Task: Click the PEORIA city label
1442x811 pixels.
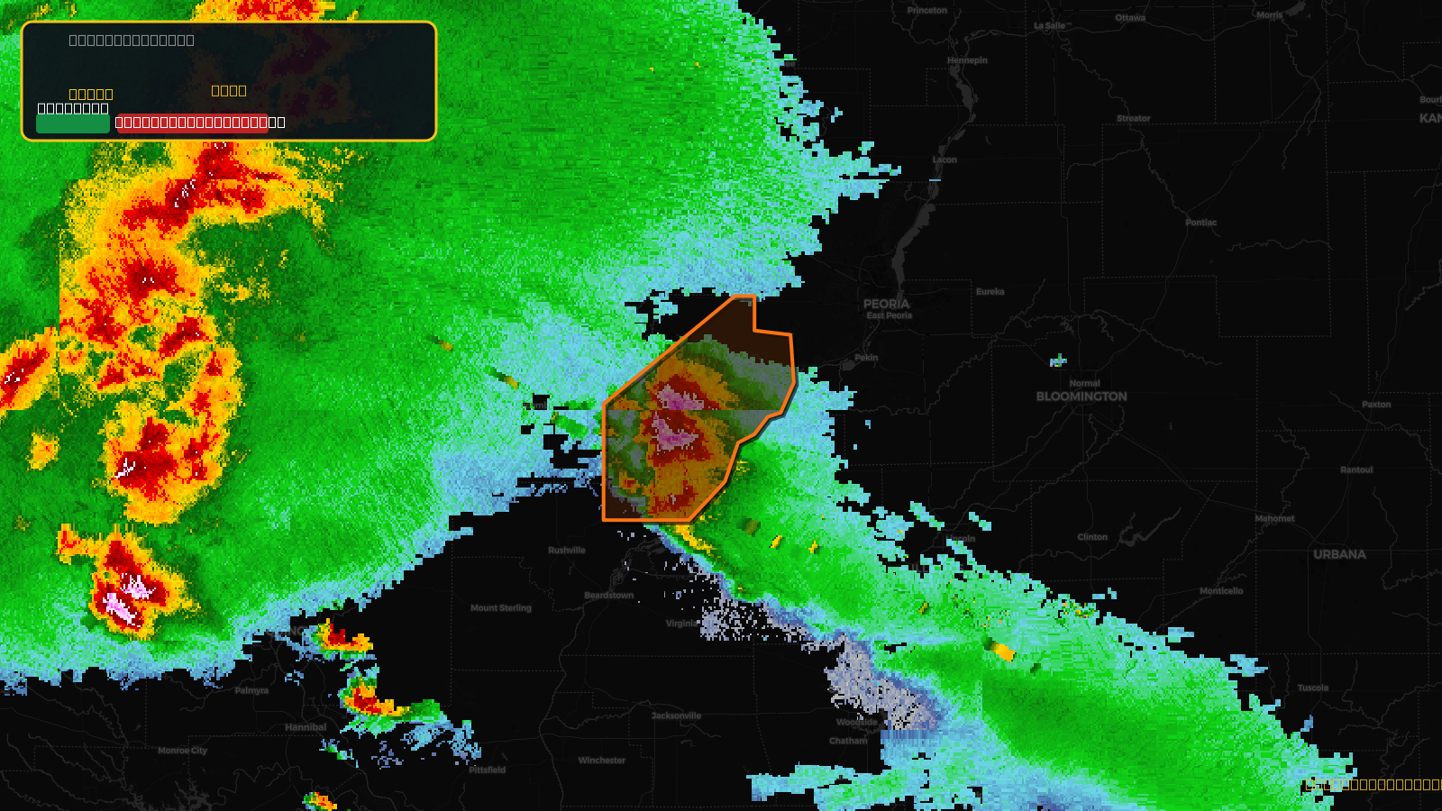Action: pyautogui.click(x=887, y=305)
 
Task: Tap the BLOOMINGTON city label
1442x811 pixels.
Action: pyautogui.click(x=1081, y=396)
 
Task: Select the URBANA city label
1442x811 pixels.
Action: pyautogui.click(x=1339, y=554)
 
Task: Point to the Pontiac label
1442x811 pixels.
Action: pyautogui.click(x=1200, y=223)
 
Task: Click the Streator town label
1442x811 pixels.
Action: pyautogui.click(x=1133, y=119)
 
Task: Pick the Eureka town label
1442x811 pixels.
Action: pyautogui.click(x=990, y=292)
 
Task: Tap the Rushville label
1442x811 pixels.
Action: pyautogui.click(x=567, y=551)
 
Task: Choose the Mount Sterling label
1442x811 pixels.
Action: pyautogui.click(x=501, y=608)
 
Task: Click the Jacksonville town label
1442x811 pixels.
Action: pyautogui.click(x=676, y=716)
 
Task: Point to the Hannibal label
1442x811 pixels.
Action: pyautogui.click(x=306, y=727)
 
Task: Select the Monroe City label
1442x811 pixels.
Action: pyautogui.click(x=182, y=751)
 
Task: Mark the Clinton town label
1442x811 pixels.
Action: pyautogui.click(x=1092, y=537)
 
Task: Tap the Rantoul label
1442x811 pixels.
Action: pyautogui.click(x=1356, y=470)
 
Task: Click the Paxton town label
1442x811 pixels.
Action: pyautogui.click(x=1376, y=405)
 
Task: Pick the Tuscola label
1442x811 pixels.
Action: pyautogui.click(x=1313, y=688)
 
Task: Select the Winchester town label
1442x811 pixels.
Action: pyautogui.click(x=602, y=761)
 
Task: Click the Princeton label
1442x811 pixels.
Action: pyautogui.click(x=927, y=11)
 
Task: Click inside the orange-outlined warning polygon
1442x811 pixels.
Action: pyautogui.click(x=694, y=424)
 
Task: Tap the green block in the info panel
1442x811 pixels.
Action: pyautogui.click(x=73, y=123)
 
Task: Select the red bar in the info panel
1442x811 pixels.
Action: pyautogui.click(x=192, y=123)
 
